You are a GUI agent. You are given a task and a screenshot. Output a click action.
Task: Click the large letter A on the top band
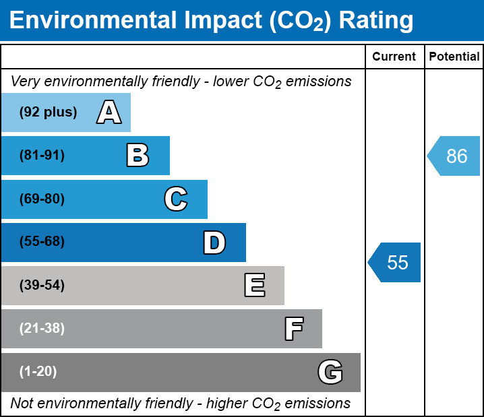tap(109, 113)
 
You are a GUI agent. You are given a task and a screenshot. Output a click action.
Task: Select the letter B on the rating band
tap(138, 156)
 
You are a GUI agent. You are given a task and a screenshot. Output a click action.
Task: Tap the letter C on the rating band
tap(175, 199)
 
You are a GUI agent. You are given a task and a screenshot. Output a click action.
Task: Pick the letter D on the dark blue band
tap(214, 243)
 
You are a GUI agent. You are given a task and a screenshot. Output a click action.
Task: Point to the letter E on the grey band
tap(254, 286)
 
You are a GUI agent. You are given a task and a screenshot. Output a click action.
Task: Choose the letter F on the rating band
tap(293, 329)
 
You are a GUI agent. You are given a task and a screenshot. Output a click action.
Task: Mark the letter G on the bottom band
tap(330, 372)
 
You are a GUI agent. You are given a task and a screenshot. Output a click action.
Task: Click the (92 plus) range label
tap(48, 113)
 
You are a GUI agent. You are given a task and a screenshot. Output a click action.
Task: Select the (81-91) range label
tap(42, 156)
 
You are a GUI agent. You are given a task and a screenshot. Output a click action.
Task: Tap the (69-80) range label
tap(42, 199)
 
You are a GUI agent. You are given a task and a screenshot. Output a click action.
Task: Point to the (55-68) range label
tap(42, 242)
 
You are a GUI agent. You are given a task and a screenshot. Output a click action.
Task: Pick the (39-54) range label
tap(42, 286)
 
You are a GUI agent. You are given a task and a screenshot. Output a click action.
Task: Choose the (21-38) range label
tap(42, 329)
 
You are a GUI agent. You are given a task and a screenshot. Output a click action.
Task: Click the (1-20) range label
tap(38, 372)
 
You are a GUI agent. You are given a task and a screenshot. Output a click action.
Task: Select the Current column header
tap(394, 57)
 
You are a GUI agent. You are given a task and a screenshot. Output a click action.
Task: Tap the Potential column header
tap(454, 57)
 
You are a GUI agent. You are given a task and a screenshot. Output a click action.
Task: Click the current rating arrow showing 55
tap(395, 262)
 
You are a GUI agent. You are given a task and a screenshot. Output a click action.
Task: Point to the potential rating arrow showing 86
tap(454, 156)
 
